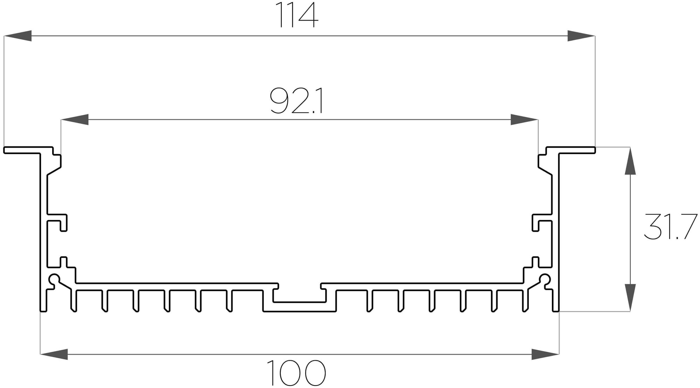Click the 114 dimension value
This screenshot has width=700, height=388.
(297, 15)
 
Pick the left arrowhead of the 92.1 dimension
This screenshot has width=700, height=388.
(75, 119)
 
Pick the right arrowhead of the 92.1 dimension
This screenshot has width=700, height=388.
(524, 119)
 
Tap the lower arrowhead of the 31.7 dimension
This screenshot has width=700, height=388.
(630, 298)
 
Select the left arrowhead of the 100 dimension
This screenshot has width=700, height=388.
(54, 354)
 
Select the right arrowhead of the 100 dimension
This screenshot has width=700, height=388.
(545, 354)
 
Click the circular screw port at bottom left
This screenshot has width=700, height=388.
(54, 279)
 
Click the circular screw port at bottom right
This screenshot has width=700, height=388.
(545, 279)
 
